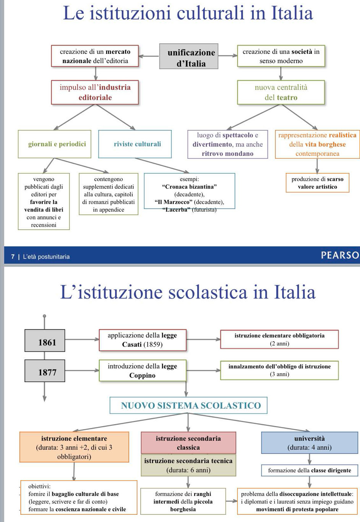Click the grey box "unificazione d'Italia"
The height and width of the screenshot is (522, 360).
pos(189,57)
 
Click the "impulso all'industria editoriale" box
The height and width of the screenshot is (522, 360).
pos(95,92)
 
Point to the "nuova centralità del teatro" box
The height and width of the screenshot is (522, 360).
pos(281,92)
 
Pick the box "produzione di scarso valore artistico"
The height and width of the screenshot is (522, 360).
pos(317,183)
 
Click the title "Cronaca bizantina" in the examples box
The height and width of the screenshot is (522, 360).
pos(189,187)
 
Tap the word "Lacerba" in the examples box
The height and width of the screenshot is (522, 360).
pos(176,209)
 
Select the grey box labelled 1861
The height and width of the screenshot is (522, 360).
pos(45,340)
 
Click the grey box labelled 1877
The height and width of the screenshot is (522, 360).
pos(45,371)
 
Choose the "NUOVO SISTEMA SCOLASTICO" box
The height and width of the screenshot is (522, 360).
pos(188,405)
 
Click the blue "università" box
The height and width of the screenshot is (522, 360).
pos(310,443)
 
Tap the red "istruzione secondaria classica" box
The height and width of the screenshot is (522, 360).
pos(188,443)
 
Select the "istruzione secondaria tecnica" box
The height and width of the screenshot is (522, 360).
pos(188,465)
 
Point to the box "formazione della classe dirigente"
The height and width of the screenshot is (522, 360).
pos(310,470)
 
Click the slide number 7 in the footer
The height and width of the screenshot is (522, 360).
pos(13,257)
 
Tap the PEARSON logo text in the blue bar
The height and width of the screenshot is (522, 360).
pos(340,255)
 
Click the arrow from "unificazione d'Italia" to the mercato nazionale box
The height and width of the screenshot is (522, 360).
pos(149,56)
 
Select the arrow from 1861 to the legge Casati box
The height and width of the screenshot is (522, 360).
pos(82,339)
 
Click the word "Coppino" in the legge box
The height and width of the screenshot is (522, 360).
pos(142,375)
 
